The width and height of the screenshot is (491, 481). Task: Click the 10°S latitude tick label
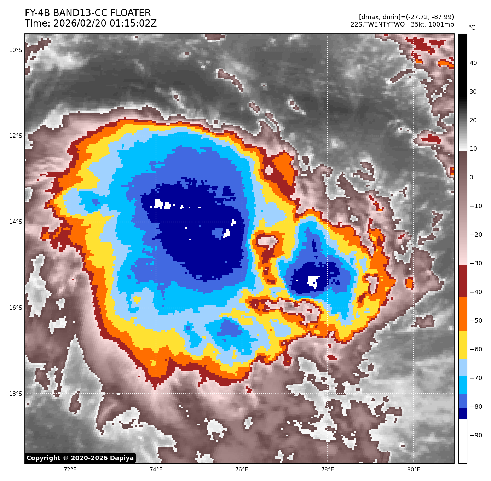pyautogui.click(x=16, y=50)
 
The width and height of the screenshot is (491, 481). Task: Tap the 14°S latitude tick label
pyautogui.click(x=16, y=222)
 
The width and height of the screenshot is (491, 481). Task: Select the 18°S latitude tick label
pyautogui.click(x=16, y=394)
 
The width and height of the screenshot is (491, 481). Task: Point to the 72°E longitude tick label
pyautogui.click(x=70, y=470)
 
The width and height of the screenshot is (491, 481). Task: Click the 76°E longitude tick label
pyautogui.click(x=242, y=470)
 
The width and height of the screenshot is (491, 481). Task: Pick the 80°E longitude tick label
pyautogui.click(x=414, y=470)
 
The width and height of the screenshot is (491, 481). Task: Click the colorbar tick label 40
pyautogui.click(x=473, y=63)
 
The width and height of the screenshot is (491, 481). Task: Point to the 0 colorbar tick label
pyautogui.click(x=471, y=177)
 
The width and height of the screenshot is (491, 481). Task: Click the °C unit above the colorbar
pyautogui.click(x=472, y=28)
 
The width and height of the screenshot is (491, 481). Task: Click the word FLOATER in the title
pyautogui.click(x=131, y=13)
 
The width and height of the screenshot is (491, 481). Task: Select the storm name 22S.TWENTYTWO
pyautogui.click(x=377, y=24)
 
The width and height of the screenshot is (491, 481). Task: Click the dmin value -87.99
pyautogui.click(x=441, y=17)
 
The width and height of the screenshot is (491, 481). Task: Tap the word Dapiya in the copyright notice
pyautogui.click(x=122, y=458)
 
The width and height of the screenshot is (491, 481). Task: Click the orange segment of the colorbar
pyautogui.click(x=463, y=314)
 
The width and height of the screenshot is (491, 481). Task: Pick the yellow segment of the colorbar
pyautogui.click(x=463, y=345)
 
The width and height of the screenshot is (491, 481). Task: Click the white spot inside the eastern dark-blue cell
pyautogui.click(x=313, y=281)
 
